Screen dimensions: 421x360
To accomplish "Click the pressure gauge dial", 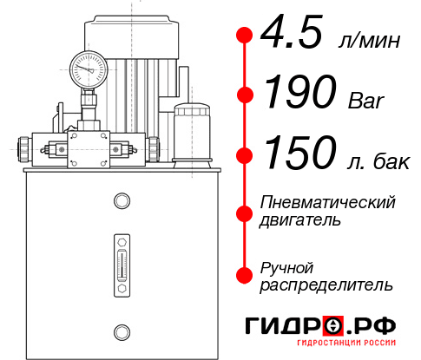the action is [89, 69].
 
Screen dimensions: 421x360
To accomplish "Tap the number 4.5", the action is [292, 31].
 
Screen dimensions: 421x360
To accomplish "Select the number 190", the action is [300, 91].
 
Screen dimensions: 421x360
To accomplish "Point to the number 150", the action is [300, 152].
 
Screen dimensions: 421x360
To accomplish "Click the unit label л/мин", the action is [369, 41].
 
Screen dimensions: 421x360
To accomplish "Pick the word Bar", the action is [365, 101].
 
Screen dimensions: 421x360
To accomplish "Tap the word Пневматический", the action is [327, 202].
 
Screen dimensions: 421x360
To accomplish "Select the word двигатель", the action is [300, 220].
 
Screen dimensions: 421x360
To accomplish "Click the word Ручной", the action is [286, 269].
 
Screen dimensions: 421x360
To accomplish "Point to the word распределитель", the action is [326, 285].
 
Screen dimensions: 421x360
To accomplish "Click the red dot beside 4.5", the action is [245, 36].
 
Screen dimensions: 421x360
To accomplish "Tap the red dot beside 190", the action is [245, 95].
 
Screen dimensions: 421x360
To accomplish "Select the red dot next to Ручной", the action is [245, 275].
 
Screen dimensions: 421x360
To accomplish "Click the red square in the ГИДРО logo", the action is [333, 325].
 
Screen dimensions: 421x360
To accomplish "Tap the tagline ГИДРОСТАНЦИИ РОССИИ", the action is [346, 343].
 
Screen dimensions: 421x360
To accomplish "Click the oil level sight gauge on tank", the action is [122, 265].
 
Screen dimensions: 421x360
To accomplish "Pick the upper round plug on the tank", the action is [122, 200].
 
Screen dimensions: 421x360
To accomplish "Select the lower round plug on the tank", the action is [122, 332].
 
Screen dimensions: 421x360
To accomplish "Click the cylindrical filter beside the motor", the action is [192, 135].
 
